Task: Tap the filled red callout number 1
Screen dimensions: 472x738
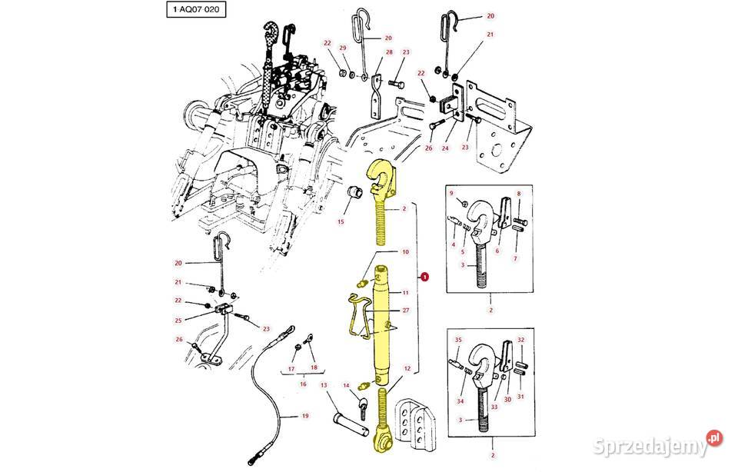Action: pyautogui.click(x=425, y=278)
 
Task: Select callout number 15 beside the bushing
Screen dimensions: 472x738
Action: pyautogui.click(x=340, y=222)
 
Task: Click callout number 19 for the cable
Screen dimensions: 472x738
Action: pyautogui.click(x=304, y=416)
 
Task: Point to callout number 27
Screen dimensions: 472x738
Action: pyautogui.click(x=407, y=311)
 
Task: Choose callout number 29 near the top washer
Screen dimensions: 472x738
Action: pyautogui.click(x=344, y=48)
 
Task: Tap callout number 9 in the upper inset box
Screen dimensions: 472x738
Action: pyautogui.click(x=451, y=193)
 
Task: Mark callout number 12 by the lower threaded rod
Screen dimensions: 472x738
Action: pyautogui.click(x=407, y=369)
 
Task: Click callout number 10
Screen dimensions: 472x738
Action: pyautogui.click(x=406, y=251)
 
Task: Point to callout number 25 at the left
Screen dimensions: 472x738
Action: pyautogui.click(x=179, y=321)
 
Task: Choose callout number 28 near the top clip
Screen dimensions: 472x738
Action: pyautogui.click(x=389, y=52)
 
